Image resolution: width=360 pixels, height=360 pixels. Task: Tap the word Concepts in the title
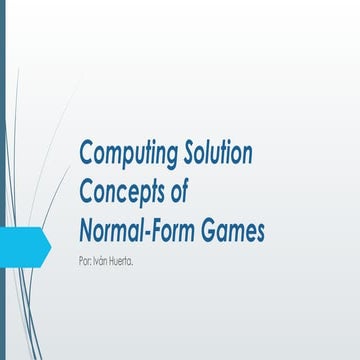tap(123, 193)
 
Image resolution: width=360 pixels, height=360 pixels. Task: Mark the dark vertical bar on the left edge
tap(2, 180)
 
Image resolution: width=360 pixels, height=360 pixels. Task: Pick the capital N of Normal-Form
tap(86, 231)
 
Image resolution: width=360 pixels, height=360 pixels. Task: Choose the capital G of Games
tap(216, 231)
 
